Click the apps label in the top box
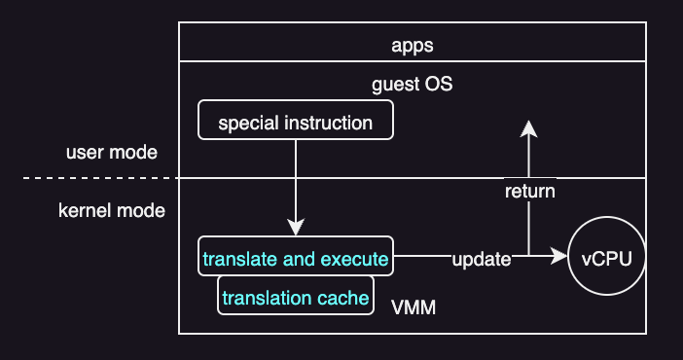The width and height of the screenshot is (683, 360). pyautogui.click(x=413, y=45)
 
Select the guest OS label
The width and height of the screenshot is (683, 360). pyautogui.click(x=413, y=85)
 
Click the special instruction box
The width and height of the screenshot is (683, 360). pyautogui.click(x=295, y=123)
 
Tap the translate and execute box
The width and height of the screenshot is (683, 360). pyautogui.click(x=295, y=260)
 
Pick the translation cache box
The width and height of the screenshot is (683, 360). pyautogui.click(x=295, y=297)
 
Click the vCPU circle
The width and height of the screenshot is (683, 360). pyautogui.click(x=607, y=259)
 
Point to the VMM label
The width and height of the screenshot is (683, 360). pyautogui.click(x=413, y=308)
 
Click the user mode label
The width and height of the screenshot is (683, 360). pyautogui.click(x=112, y=153)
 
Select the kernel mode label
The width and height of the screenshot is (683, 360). pyautogui.click(x=112, y=210)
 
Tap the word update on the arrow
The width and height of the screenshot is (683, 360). pyautogui.click(x=481, y=260)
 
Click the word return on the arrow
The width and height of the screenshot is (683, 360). pyautogui.click(x=529, y=191)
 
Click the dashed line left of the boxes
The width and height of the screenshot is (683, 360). pyautogui.click(x=97, y=178)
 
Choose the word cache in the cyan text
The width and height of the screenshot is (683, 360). pyautogui.click(x=344, y=297)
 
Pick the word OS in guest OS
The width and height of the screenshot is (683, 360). pyautogui.click(x=440, y=85)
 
